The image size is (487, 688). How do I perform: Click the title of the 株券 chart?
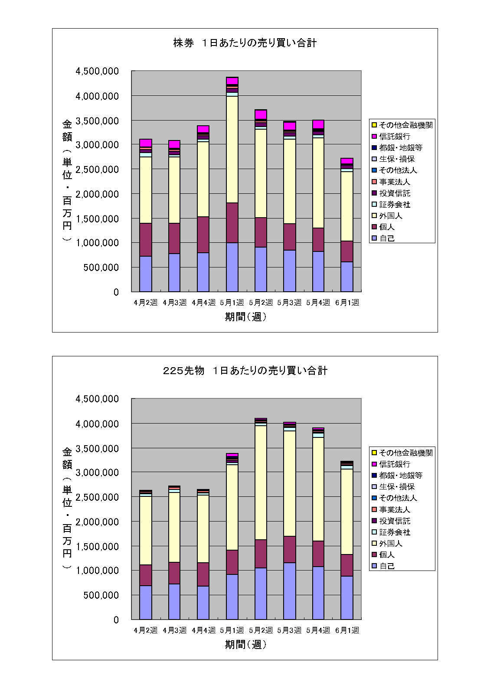(x=245, y=43)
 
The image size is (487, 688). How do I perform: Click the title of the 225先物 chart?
(x=245, y=371)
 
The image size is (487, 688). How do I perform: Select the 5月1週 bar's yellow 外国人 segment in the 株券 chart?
(x=232, y=149)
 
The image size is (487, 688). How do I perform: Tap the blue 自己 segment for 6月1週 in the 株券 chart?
(x=346, y=277)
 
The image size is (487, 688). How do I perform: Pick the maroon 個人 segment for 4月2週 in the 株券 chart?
(x=146, y=239)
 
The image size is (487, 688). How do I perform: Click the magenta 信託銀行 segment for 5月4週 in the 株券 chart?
(x=318, y=124)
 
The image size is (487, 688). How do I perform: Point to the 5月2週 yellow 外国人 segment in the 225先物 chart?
(x=261, y=483)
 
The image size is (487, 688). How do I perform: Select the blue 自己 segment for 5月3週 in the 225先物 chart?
(x=289, y=591)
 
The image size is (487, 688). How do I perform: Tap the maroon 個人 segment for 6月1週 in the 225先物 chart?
(x=346, y=565)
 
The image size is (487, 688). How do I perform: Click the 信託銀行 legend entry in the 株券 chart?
(x=395, y=137)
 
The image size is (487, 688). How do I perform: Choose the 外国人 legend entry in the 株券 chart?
(x=391, y=215)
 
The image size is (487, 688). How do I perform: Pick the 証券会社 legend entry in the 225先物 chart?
(x=395, y=532)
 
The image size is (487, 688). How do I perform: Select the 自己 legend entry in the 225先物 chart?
(x=387, y=566)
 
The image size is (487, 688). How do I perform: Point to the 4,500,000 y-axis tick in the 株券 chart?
(x=97, y=72)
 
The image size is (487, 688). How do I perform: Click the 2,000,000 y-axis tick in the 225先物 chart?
(x=97, y=522)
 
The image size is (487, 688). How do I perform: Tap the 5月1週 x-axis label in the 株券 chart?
(x=232, y=303)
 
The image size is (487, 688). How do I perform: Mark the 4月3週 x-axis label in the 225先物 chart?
(x=174, y=630)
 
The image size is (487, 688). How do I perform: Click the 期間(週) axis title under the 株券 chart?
(x=245, y=317)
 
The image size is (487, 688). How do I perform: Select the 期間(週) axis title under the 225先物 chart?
(x=245, y=645)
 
